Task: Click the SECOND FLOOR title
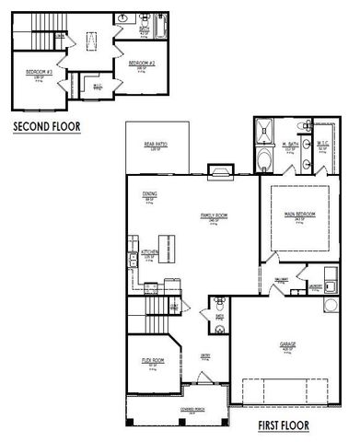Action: click(46, 128)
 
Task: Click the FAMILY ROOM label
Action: click(214, 215)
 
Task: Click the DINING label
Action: click(149, 193)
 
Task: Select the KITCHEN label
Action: click(151, 250)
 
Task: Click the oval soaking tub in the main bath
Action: click(263, 161)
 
